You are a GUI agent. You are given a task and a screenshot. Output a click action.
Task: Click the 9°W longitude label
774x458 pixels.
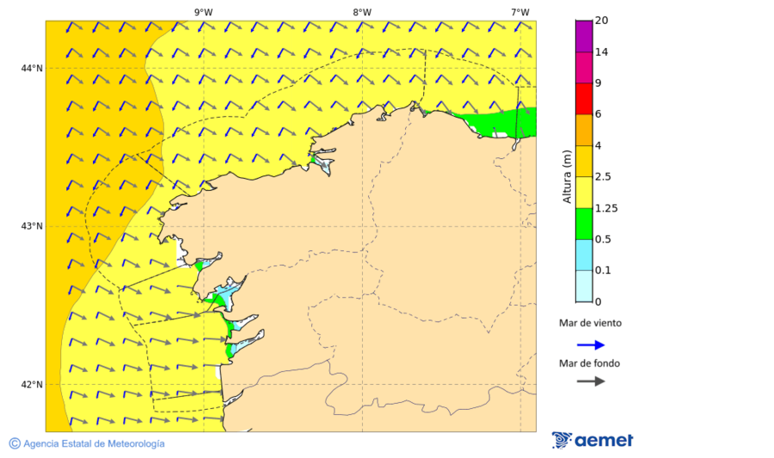tap(203, 12)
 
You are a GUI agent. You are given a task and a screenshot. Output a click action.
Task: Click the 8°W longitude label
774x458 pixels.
tap(362, 12)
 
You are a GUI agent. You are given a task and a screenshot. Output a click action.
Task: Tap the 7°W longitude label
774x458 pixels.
tap(519, 12)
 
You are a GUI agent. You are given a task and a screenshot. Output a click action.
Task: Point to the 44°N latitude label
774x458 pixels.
tap(32, 68)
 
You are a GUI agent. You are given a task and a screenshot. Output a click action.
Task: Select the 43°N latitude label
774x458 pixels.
tap(32, 226)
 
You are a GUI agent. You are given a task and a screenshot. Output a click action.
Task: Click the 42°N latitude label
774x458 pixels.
tap(32, 384)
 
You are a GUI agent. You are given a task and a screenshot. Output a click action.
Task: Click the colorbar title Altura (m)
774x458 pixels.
tap(566, 175)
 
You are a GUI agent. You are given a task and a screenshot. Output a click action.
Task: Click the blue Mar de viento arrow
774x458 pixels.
tap(591, 345)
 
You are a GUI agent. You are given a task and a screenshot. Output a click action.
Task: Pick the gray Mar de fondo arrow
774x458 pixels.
tap(591, 382)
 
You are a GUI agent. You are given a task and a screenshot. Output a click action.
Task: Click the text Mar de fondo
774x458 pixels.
tap(589, 363)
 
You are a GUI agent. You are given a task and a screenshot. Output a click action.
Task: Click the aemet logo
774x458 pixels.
tap(593, 440)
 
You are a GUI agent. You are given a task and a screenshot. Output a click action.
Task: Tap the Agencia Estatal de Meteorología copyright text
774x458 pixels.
tap(86, 443)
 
